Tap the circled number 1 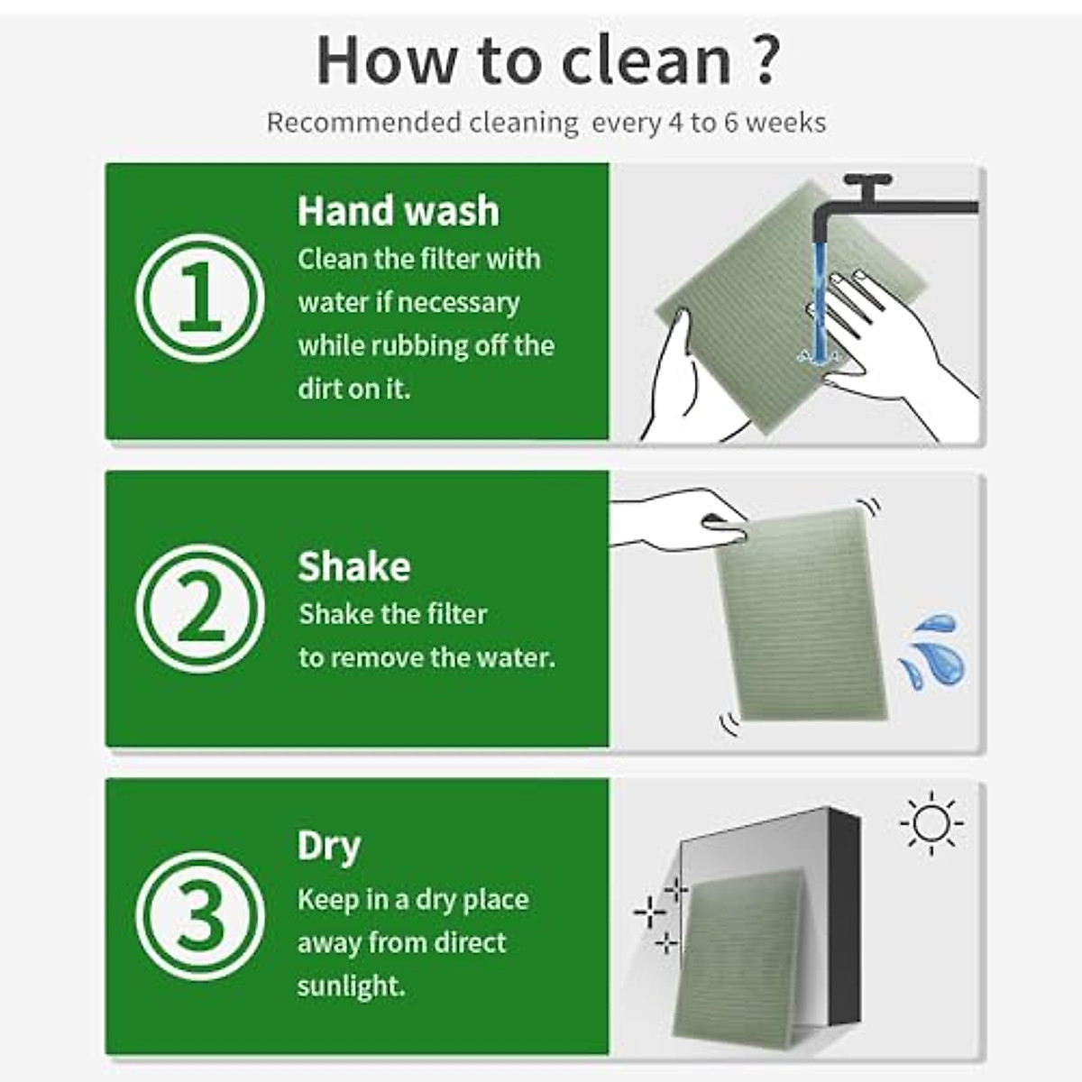[200, 298]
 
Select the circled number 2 [200, 609]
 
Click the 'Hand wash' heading [398, 211]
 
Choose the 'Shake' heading [353, 566]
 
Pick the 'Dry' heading [328, 846]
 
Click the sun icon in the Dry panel [931, 822]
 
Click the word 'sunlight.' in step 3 [352, 986]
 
